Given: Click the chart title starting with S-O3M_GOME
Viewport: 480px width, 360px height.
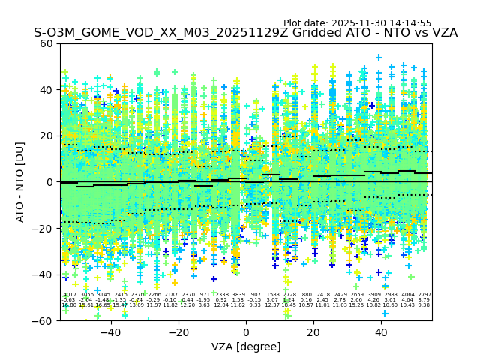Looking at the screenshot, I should [245, 34].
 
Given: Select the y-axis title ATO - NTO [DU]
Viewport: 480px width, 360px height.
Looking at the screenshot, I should [20, 181].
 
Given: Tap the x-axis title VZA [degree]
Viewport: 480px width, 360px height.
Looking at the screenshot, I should [246, 346].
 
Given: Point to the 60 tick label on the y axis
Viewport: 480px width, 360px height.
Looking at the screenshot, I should [46, 43].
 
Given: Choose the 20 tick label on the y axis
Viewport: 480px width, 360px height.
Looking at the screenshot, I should [46, 136].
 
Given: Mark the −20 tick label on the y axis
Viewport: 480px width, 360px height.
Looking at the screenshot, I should [43, 228].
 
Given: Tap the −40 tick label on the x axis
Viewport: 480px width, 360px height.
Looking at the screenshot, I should [110, 332].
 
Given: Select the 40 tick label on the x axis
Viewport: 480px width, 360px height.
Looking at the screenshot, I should [381, 332].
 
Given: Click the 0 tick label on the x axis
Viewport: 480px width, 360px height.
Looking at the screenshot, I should [246, 332].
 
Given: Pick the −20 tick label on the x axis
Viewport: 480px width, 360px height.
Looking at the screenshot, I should [178, 332].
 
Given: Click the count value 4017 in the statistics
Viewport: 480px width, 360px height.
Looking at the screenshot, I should [70, 295].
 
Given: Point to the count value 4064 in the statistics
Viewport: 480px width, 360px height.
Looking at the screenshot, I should [407, 295].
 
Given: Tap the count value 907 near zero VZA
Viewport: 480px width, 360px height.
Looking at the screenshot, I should [256, 295].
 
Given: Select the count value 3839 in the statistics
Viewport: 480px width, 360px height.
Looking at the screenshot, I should [238, 295].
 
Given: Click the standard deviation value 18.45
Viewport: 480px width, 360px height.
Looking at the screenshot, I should [289, 305].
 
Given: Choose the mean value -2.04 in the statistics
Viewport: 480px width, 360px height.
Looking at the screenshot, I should [86, 300].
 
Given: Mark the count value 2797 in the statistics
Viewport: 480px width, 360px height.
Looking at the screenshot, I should [424, 295].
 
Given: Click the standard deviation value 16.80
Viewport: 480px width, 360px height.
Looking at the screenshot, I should [69, 305].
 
